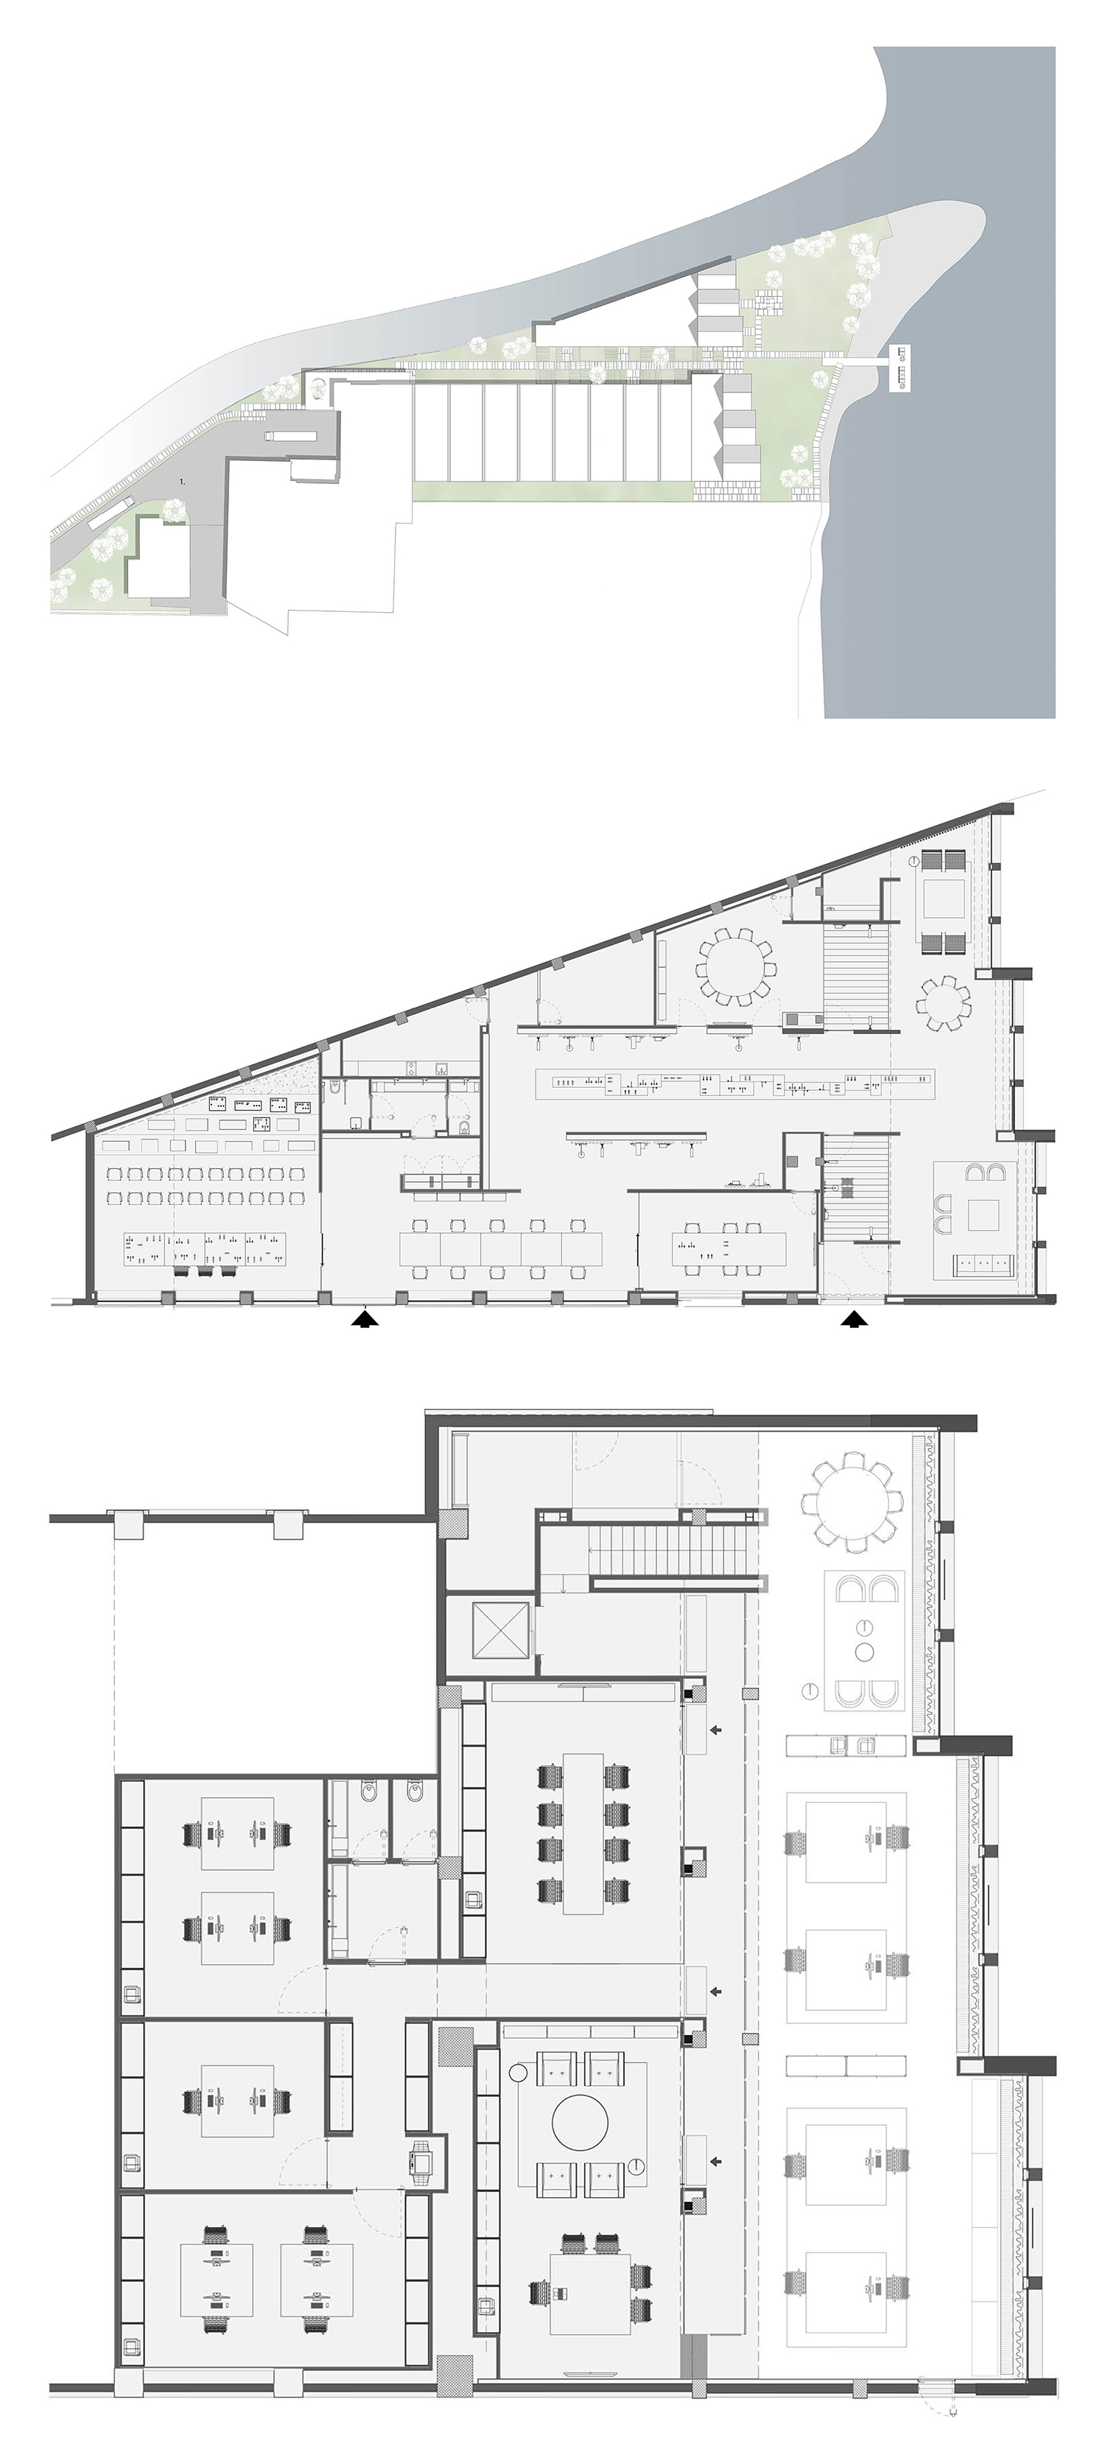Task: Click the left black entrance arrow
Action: pyautogui.click(x=365, y=1318)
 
